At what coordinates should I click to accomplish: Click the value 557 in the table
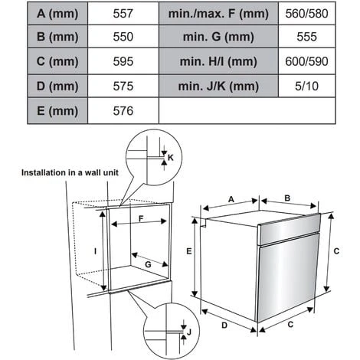(x=123, y=14)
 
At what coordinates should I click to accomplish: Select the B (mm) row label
(x=57, y=37)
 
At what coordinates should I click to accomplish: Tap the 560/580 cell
(x=306, y=14)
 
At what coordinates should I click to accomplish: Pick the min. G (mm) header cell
(x=218, y=37)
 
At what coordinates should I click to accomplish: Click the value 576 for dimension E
(x=123, y=111)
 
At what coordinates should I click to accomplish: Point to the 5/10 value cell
(x=306, y=86)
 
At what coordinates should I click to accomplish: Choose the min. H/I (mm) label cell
(x=218, y=61)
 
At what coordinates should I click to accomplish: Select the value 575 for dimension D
(x=123, y=86)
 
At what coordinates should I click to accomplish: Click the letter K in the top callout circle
(x=171, y=158)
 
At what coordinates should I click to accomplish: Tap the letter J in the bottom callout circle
(x=189, y=332)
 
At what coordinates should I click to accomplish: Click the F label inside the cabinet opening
(x=141, y=218)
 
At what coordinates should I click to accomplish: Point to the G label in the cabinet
(x=148, y=264)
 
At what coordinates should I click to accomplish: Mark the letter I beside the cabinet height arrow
(x=95, y=251)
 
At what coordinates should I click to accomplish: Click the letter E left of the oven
(x=189, y=251)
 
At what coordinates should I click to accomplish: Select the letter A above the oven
(x=231, y=199)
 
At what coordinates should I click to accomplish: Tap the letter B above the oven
(x=287, y=198)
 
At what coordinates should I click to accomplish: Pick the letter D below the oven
(x=224, y=326)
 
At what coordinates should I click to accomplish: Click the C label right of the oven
(x=336, y=251)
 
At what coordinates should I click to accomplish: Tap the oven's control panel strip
(x=290, y=229)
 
